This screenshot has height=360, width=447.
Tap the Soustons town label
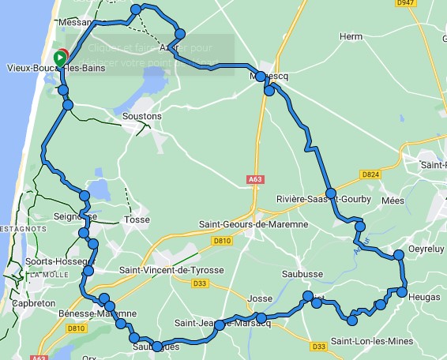coord(142,117)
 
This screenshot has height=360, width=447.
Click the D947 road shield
coord(406,3)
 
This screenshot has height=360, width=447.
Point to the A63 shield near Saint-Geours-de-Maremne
coord(254,179)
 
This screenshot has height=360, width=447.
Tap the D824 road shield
coord(371,174)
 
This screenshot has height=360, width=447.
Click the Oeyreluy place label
coord(427,248)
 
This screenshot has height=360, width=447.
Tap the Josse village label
coord(260,299)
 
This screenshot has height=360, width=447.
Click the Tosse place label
coord(137,219)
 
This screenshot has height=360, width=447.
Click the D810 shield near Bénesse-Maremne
coord(76,328)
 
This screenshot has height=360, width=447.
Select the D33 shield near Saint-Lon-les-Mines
coord(318,346)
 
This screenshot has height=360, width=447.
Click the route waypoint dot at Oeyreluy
coord(400,254)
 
